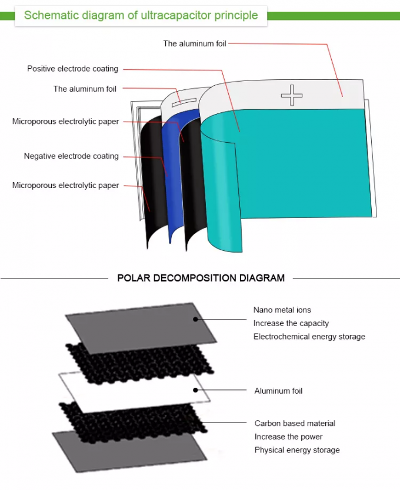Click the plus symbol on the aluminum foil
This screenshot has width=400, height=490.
tap(291, 95)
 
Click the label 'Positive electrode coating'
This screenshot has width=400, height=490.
tap(72, 69)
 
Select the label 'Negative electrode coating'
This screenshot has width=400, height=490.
tap(71, 156)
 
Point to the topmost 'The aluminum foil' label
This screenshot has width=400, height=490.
tap(195, 43)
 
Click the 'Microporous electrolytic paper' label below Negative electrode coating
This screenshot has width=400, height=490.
tap(65, 186)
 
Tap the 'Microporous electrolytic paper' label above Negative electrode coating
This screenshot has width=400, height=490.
tap(65, 122)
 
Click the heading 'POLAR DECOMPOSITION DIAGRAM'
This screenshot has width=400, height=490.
tap(201, 278)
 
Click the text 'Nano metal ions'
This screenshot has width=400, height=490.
tap(282, 310)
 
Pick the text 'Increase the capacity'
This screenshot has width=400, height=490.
tap(291, 323)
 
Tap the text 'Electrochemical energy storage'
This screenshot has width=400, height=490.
tap(309, 337)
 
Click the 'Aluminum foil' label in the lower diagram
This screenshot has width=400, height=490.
tap(278, 391)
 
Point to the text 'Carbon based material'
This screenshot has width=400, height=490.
tap(295, 423)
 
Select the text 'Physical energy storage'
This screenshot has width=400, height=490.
tap(297, 450)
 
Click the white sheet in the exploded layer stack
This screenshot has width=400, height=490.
tap(135, 391)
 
